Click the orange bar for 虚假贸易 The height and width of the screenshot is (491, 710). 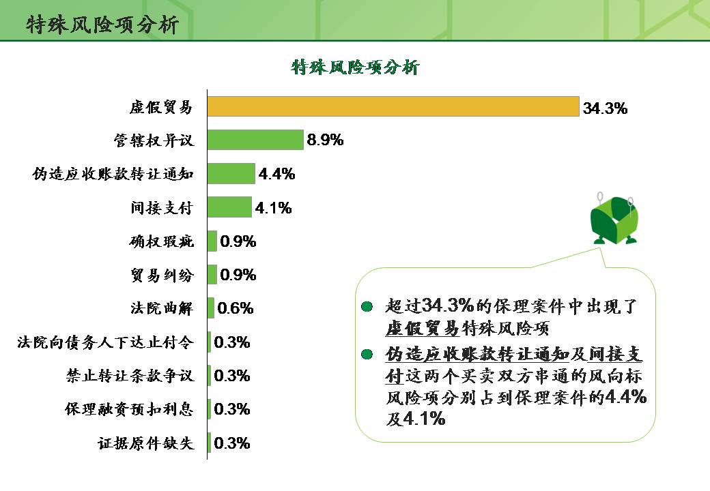coord(393,107)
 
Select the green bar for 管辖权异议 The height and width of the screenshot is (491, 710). coord(255,140)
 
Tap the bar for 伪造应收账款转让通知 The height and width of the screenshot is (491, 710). coord(231,173)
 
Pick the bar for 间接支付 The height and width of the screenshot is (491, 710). coord(230,207)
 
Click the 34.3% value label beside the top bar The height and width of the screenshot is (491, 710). coord(605,108)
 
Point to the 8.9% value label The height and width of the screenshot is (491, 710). coord(325,140)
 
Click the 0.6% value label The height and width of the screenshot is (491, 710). coord(235,308)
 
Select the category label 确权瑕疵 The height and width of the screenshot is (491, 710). coord(162,241)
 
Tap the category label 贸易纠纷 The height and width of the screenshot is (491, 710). coord(162,275)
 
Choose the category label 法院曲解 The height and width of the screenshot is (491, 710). coord(162,308)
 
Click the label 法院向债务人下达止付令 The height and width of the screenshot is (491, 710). coord(105,342)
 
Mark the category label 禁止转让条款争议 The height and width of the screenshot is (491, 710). coord(129,376)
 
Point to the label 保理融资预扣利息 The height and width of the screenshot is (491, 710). coord(129,409)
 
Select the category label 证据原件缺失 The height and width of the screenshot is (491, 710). coord(145,443)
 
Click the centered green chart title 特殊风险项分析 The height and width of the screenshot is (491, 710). coord(355,67)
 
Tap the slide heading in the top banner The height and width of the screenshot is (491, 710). coord(102,25)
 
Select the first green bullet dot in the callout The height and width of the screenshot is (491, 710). coord(367,306)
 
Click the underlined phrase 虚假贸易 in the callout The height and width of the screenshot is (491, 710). coord(422,327)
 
